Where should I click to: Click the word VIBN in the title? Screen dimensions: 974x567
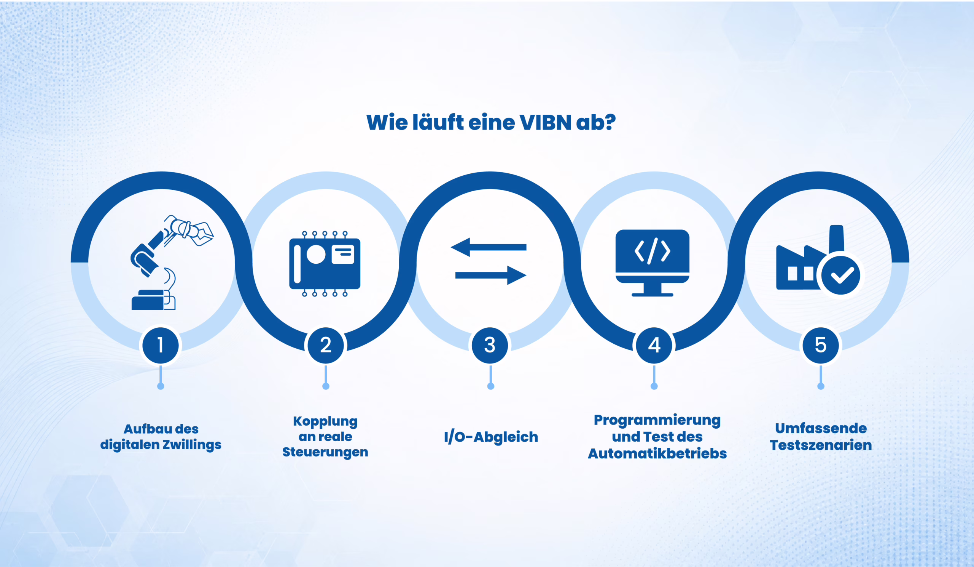pyautogui.click(x=545, y=122)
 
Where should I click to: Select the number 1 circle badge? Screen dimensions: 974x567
pyautogui.click(x=161, y=345)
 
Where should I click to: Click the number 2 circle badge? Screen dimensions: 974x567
pyautogui.click(x=326, y=345)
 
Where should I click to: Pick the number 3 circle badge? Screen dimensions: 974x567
pyautogui.click(x=490, y=345)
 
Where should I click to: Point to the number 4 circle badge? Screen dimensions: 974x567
pyautogui.click(x=654, y=345)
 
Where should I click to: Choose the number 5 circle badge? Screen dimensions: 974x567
pyautogui.click(x=821, y=345)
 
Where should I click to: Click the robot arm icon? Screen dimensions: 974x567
pyautogui.click(x=172, y=263)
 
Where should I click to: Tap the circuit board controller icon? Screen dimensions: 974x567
pyautogui.click(x=325, y=264)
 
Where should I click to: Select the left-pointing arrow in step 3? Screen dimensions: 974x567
pyautogui.click(x=489, y=247)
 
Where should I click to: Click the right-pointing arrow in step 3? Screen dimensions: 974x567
pyautogui.click(x=491, y=275)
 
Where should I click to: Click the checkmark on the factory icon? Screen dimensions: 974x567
pyautogui.click(x=841, y=275)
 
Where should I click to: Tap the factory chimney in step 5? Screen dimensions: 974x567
pyautogui.click(x=836, y=239)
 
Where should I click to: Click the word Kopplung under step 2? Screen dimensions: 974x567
pyautogui.click(x=325, y=421)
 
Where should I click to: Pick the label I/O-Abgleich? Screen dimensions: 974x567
pyautogui.click(x=491, y=437)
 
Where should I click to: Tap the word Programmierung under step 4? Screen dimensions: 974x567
pyautogui.click(x=657, y=420)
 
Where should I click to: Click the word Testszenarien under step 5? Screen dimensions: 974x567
pyautogui.click(x=821, y=445)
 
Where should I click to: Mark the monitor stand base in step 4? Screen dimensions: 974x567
pyautogui.click(x=653, y=295)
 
